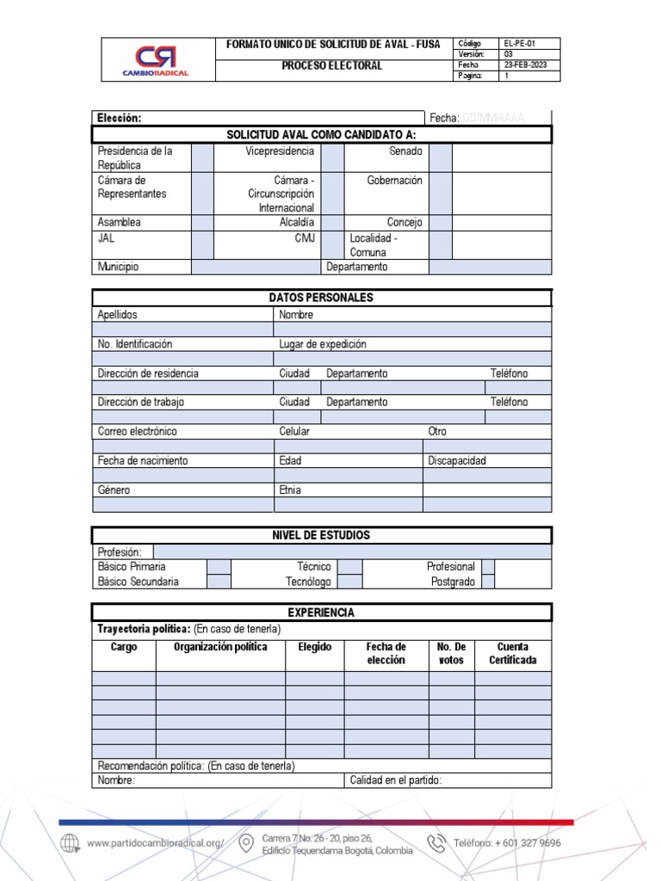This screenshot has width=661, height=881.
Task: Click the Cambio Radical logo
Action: click(x=156, y=60)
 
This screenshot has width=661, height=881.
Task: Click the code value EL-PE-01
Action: click(x=518, y=43)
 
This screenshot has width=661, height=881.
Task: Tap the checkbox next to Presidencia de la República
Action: click(x=202, y=157)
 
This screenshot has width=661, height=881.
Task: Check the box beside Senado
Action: click(x=441, y=157)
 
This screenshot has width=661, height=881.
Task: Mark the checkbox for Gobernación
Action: click(x=441, y=194)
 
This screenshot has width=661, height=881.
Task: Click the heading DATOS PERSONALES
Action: click(x=321, y=298)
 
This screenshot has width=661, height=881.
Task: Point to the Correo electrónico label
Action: click(x=138, y=431)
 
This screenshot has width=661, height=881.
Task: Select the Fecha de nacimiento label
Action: click(x=143, y=460)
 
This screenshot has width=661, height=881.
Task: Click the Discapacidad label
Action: click(x=457, y=460)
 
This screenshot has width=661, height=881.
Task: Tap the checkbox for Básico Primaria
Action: click(x=219, y=567)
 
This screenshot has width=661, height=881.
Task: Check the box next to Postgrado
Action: click(x=488, y=582)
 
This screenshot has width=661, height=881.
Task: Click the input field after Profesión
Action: click(x=352, y=551)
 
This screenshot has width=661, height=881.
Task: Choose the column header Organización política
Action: click(x=220, y=647)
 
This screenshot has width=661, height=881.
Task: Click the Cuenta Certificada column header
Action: click(x=513, y=654)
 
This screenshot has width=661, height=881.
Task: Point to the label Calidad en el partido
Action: click(x=396, y=780)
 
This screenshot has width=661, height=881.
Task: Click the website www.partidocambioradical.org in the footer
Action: click(x=155, y=843)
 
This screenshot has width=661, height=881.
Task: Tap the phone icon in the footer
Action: click(x=437, y=843)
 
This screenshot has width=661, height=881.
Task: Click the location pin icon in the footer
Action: click(x=246, y=843)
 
